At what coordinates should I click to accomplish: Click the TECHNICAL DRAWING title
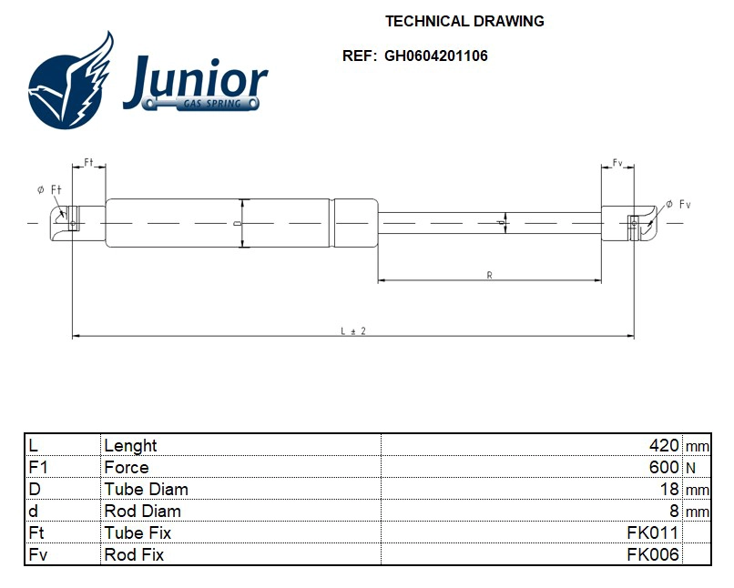(464, 21)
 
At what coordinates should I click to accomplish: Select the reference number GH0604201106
(435, 56)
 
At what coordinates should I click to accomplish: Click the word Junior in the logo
(195, 81)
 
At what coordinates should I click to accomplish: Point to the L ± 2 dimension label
(352, 331)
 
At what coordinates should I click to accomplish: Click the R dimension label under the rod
(489, 275)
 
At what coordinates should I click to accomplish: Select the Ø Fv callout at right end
(678, 205)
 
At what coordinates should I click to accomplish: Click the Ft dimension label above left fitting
(88, 162)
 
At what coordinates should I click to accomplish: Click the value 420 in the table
(663, 445)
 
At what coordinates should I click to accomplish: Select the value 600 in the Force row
(663, 467)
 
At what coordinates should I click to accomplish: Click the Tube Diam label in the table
(146, 489)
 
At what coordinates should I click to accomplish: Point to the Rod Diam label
(142, 511)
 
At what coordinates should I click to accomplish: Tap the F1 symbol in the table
(37, 467)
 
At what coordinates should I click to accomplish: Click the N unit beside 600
(690, 468)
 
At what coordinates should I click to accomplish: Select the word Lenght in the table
(130, 445)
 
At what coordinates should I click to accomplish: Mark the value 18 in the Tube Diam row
(669, 489)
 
